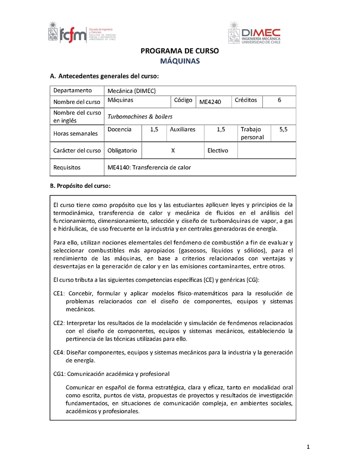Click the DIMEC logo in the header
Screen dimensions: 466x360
(254, 33)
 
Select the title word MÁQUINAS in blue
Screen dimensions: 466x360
(180, 61)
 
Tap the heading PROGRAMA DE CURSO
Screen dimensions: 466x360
(180, 51)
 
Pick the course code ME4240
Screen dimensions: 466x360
(210, 102)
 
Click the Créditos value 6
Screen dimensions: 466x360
(279, 100)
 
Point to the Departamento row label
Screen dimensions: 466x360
(72, 90)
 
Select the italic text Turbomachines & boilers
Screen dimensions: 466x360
(140, 117)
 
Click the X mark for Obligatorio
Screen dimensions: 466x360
(173, 151)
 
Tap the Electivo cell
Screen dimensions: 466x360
(218, 151)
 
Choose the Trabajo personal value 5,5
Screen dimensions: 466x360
(283, 130)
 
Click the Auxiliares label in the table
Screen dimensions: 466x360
(183, 130)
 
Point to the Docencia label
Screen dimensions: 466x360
(120, 130)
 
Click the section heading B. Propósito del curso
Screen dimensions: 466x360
(80, 186)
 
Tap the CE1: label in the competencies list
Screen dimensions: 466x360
(59, 294)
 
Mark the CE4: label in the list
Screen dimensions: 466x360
(59, 352)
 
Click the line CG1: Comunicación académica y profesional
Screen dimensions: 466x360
(111, 374)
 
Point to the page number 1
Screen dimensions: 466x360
(308, 447)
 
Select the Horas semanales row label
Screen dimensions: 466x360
(76, 134)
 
